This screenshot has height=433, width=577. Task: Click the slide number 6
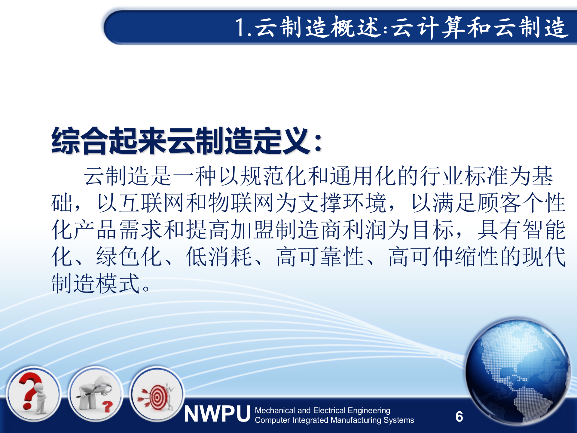[459, 417]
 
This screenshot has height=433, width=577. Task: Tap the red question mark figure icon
[33, 394]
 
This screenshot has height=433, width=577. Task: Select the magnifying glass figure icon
[95, 394]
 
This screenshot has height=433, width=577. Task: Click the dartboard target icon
[157, 394]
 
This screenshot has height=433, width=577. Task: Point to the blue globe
[517, 371]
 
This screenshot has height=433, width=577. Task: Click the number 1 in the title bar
[240, 28]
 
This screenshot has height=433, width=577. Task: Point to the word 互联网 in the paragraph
[151, 203]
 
